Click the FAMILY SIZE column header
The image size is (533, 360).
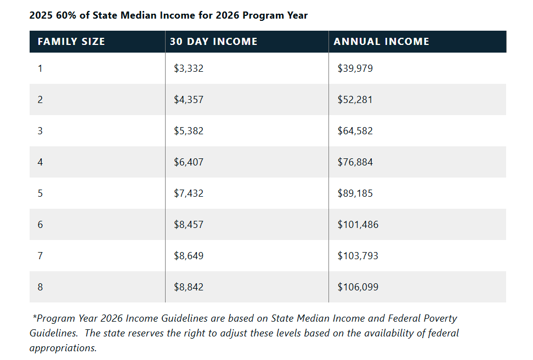[71, 42]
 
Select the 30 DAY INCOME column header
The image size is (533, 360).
[213, 42]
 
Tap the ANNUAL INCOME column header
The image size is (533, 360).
[381, 42]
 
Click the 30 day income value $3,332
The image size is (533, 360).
[188, 68]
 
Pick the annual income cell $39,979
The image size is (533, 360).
[355, 68]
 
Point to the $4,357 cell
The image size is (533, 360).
[188, 100]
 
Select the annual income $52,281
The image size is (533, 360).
[355, 100]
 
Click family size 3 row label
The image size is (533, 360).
[40, 131]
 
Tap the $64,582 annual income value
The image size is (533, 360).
[355, 131]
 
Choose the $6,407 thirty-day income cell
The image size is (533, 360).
[188, 162]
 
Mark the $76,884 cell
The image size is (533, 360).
[355, 162]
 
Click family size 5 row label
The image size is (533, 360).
[40, 193]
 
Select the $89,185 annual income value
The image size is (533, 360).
[355, 193]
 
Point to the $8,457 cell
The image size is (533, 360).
[188, 225]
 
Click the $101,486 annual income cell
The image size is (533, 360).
[358, 225]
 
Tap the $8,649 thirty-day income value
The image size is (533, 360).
[188, 256]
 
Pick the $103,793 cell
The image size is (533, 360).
[358, 256]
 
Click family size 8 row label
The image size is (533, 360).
[40, 287]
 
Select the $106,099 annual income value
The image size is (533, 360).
[358, 287]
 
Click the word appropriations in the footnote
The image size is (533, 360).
[63, 347]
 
